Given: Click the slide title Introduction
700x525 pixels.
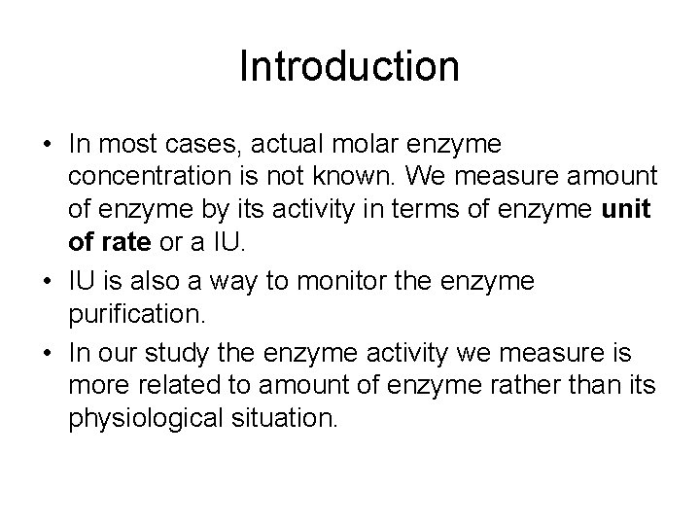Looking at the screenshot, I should pyautogui.click(x=349, y=67).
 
